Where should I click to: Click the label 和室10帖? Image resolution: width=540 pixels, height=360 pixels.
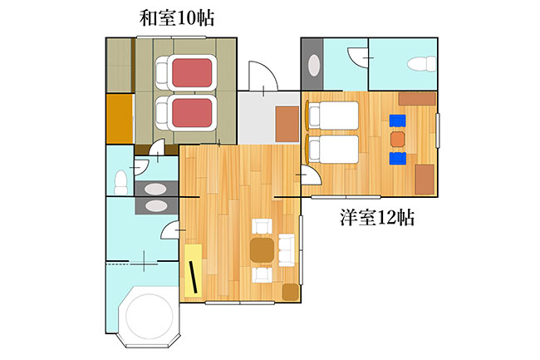[x=177, y=18]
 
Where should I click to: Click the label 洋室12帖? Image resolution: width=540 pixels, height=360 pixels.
[x=377, y=217]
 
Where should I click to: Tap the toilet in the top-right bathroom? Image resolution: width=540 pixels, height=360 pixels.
[x=421, y=64]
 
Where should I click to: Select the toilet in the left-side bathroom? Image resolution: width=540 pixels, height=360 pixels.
[x=120, y=182]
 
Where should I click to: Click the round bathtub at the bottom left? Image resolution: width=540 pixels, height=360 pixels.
[x=149, y=316]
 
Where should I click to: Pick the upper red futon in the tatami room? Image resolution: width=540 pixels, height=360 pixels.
[x=192, y=72]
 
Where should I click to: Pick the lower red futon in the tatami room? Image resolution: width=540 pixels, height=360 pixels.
[x=192, y=113]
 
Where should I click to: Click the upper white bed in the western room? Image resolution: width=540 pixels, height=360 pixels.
[x=333, y=116]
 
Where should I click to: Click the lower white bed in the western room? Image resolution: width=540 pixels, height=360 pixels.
[x=333, y=149]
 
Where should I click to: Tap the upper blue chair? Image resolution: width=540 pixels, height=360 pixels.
[x=397, y=121]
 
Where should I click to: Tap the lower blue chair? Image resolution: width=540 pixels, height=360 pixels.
[x=397, y=159]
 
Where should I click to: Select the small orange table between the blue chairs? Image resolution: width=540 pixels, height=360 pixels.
[x=397, y=139]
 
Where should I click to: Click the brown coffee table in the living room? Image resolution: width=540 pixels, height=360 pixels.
[x=262, y=250]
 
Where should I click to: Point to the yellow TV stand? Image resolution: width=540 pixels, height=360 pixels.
[x=193, y=270]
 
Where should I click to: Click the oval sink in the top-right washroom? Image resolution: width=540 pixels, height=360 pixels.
[x=314, y=65]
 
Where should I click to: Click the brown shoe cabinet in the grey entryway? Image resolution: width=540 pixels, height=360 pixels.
[x=287, y=124]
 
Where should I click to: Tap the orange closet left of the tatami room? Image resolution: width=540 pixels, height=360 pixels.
[x=119, y=119]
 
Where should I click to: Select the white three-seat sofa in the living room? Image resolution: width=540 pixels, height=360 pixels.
[x=287, y=250]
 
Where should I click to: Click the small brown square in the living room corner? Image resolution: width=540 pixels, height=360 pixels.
[x=290, y=292]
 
